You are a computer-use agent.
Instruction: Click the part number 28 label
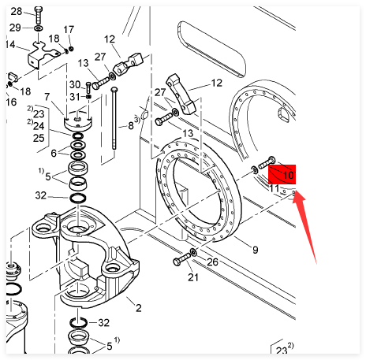17,12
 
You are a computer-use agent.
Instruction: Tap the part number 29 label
15,28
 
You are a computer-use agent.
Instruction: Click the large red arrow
305,226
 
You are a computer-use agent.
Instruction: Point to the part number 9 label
256,250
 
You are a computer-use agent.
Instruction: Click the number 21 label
193,277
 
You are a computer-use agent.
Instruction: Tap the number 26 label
212,262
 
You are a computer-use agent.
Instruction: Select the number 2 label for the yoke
139,308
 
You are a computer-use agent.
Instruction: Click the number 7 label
47,97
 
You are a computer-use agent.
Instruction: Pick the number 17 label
69,30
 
